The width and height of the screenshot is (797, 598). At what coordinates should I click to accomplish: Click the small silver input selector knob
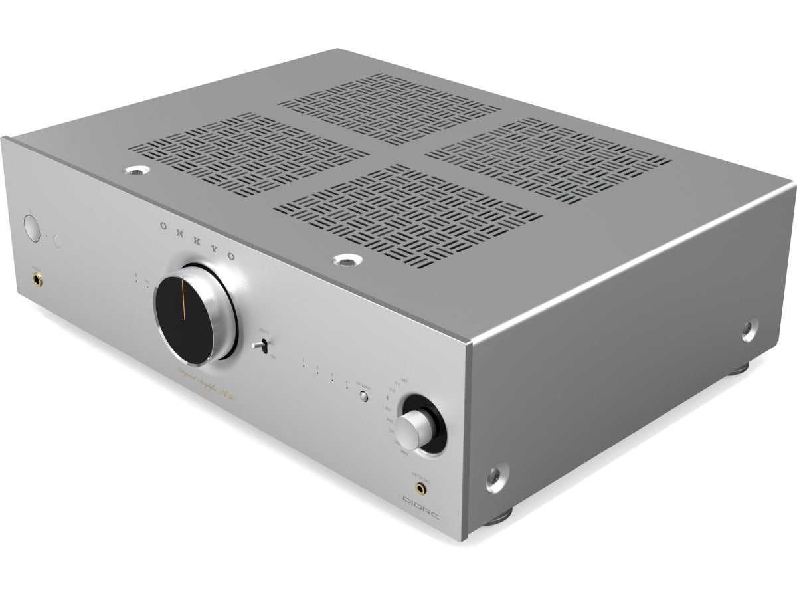click(x=411, y=425)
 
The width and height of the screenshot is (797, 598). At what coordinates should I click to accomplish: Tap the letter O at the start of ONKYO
click(x=163, y=226)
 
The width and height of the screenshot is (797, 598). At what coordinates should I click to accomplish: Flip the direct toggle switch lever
click(x=263, y=346)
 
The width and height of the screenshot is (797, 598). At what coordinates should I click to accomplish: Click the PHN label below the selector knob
click(x=404, y=452)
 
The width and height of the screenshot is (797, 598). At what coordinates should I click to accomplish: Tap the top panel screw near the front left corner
click(x=134, y=171)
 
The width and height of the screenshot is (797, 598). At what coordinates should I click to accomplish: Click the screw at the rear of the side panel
click(x=749, y=327)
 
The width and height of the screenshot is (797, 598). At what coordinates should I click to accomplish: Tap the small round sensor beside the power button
click(x=58, y=241)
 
